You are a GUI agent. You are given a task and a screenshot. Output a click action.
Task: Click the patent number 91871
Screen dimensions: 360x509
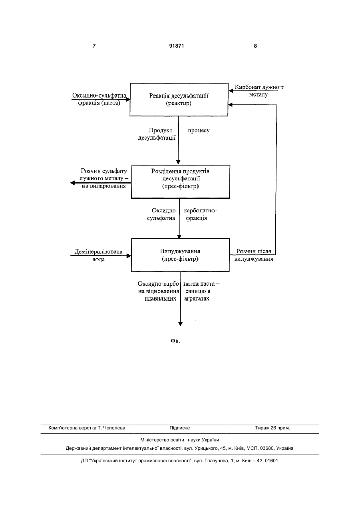(x=177, y=46)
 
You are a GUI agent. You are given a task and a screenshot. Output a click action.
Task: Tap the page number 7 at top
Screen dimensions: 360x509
(x=94, y=46)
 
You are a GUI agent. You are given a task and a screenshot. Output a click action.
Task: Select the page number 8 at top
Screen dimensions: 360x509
(x=255, y=46)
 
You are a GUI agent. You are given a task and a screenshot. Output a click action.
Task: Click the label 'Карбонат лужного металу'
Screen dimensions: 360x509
(x=259, y=91)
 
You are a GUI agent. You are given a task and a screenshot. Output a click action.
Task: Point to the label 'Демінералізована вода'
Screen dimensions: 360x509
(x=99, y=255)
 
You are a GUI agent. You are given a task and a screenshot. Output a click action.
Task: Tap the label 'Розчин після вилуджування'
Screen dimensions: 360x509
(x=254, y=255)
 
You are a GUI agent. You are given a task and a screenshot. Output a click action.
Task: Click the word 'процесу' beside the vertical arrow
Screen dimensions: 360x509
(x=199, y=130)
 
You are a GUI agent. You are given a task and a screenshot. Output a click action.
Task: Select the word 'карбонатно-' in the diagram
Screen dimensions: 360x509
(x=200, y=211)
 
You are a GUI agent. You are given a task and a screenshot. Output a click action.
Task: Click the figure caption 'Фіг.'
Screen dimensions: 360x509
(x=175, y=341)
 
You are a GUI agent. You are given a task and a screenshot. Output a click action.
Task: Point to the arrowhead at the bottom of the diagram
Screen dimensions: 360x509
(x=180, y=324)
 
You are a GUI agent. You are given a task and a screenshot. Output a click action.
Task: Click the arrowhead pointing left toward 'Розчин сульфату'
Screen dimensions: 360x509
(x=73, y=183)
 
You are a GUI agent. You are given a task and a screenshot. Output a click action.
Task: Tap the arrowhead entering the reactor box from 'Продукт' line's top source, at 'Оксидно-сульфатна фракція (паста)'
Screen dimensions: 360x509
(x=128, y=99)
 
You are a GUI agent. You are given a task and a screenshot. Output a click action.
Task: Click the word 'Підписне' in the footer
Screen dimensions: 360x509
(x=180, y=428)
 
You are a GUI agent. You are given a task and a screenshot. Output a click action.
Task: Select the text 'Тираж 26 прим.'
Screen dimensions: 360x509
(x=272, y=428)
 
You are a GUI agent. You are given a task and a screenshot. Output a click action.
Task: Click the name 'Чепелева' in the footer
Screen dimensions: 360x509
(x=114, y=428)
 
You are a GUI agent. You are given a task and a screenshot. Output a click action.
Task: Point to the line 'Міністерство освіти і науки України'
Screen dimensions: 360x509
(x=180, y=440)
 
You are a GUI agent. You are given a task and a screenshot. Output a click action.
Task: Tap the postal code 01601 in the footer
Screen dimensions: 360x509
(x=271, y=461)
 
